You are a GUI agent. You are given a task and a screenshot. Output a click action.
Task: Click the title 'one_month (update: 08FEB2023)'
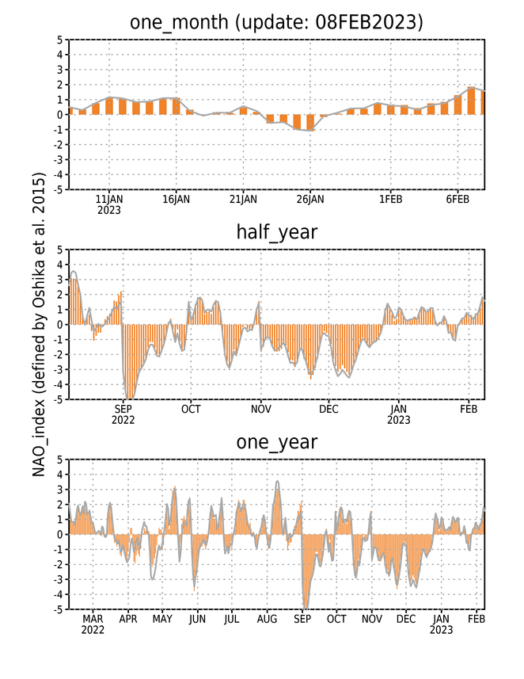coord(276,22)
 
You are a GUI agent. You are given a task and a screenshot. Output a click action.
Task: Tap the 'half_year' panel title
coord(277,233)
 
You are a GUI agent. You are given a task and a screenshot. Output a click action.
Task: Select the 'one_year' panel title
coord(277,442)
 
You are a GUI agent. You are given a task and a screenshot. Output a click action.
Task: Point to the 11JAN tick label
coord(109,199)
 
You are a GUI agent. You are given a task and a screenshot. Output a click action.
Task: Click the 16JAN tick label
coord(176,199)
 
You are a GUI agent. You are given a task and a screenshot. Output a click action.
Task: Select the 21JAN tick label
coord(243,199)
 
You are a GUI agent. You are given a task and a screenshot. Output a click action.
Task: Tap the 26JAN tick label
coord(310,199)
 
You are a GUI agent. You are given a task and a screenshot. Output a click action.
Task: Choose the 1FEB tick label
coord(391,199)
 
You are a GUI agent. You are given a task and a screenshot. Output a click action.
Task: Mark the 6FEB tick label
coord(458,199)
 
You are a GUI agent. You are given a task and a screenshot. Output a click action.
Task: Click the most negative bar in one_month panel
coord(310,122)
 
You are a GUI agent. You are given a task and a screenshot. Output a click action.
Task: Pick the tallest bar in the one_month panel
coord(471,101)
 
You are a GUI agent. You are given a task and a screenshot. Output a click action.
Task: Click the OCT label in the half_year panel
coord(191,409)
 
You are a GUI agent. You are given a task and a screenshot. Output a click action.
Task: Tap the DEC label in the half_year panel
coord(328,409)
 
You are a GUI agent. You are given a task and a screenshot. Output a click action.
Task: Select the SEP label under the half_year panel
coord(123,409)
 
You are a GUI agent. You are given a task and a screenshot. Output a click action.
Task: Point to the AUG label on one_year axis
coord(267,620)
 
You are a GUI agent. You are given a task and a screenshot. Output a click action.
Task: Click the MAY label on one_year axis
coord(162,620)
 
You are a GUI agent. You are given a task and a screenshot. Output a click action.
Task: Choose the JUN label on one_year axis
coord(197,620)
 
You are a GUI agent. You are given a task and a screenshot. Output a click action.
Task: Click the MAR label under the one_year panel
coord(93,620)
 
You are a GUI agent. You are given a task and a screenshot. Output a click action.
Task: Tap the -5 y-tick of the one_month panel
coord(59,189)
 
